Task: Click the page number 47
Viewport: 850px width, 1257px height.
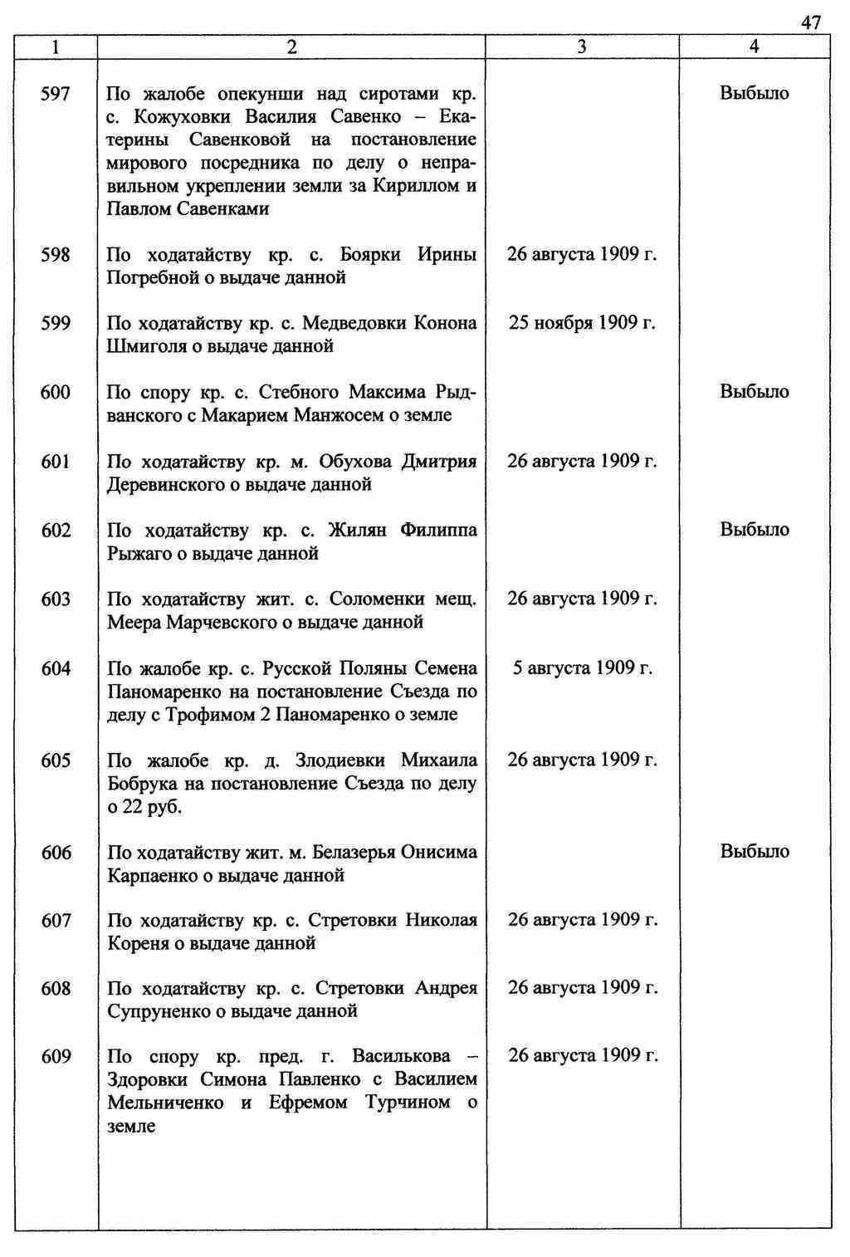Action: [811, 22]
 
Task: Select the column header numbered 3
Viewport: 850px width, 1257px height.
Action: [582, 47]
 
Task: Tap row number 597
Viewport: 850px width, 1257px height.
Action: [56, 94]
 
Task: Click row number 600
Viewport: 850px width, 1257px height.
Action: [56, 392]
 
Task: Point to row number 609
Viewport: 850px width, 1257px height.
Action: [56, 1057]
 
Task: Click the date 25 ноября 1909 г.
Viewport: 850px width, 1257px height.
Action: [582, 323]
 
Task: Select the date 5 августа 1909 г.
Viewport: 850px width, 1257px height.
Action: [582, 668]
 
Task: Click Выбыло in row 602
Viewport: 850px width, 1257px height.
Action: [755, 530]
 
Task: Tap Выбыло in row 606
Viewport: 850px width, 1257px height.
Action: [755, 852]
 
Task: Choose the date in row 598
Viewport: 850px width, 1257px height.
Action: [582, 254]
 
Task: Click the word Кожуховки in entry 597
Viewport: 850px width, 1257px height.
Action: [170, 117]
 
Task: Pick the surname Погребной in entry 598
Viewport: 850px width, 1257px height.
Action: [149, 278]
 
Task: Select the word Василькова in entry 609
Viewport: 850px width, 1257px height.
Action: [401, 1057]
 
